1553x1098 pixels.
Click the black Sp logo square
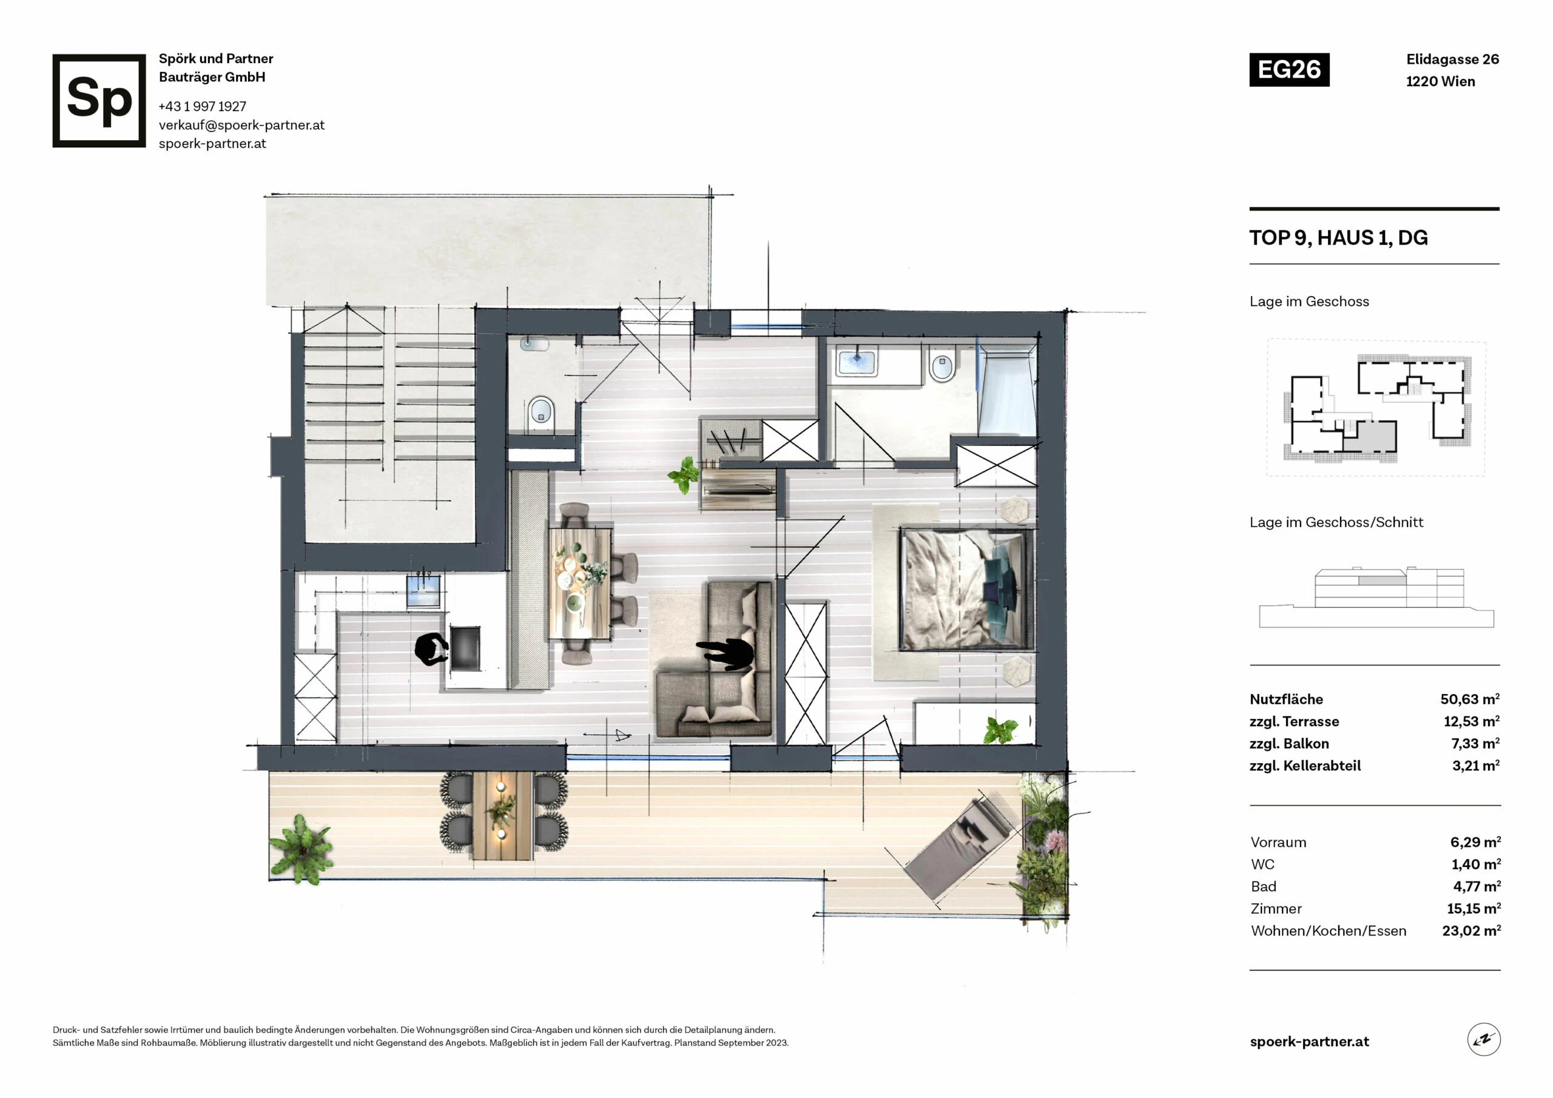pyautogui.click(x=99, y=101)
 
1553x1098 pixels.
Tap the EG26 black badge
pyautogui.click(x=1289, y=70)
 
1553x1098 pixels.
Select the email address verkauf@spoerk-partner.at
pyautogui.click(x=241, y=125)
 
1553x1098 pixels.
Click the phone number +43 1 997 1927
pyautogui.click(x=202, y=106)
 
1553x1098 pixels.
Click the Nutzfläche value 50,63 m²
pyautogui.click(x=1470, y=699)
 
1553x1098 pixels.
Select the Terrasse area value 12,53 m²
pyautogui.click(x=1471, y=721)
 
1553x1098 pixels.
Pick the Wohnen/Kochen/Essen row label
pyautogui.click(x=1329, y=931)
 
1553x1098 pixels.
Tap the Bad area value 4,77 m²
pyautogui.click(x=1477, y=886)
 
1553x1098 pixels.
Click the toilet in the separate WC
pyautogui.click(x=541, y=411)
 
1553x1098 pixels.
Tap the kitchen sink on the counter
pyautogui.click(x=423, y=591)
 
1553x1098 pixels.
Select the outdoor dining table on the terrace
pyautogui.click(x=502, y=815)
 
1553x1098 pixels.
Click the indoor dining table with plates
pyautogui.click(x=581, y=583)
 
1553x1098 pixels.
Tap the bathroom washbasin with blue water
pyautogui.click(x=857, y=362)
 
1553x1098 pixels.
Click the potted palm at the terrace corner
pyautogui.click(x=300, y=849)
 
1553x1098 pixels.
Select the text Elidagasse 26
pyautogui.click(x=1452, y=59)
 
